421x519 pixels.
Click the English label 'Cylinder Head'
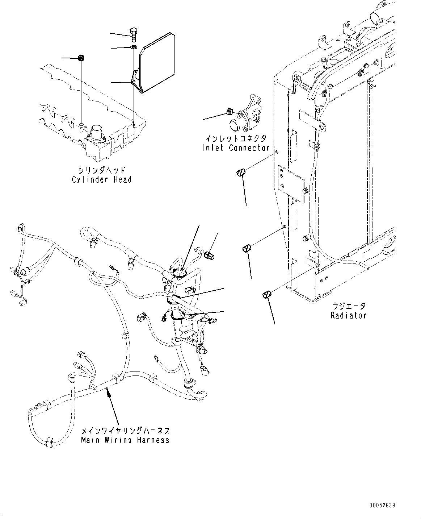(x=102, y=179)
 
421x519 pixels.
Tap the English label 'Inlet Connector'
(x=236, y=148)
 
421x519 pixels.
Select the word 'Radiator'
(x=349, y=315)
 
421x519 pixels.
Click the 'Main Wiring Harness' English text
(x=125, y=440)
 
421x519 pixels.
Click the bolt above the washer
(x=133, y=33)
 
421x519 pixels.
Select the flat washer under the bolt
(x=133, y=47)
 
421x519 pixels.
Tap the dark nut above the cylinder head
(x=81, y=58)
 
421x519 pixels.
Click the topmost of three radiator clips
(x=241, y=173)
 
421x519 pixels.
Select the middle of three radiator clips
(x=247, y=249)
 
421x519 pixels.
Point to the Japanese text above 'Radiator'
(x=348, y=307)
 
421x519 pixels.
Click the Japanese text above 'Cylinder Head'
(x=102, y=170)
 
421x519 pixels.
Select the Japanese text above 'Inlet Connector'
(x=236, y=138)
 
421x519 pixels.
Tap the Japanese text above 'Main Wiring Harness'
(x=125, y=431)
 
